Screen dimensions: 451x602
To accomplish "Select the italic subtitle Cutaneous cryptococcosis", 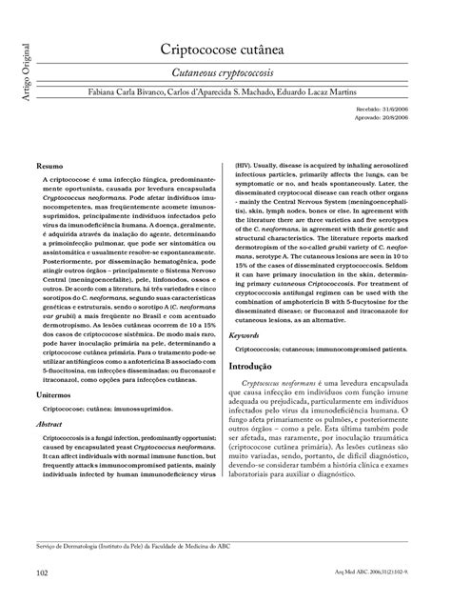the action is (225, 72).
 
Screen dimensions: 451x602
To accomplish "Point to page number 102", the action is (42, 572).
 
